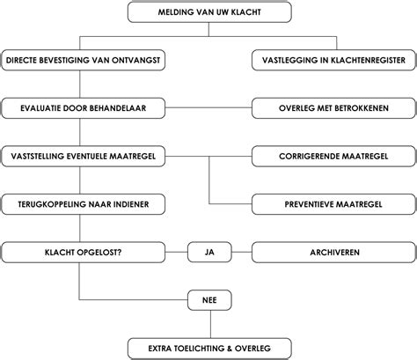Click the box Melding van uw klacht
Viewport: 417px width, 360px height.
point(208,12)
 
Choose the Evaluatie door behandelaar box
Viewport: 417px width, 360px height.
point(81,108)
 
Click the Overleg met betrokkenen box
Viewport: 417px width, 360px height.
point(334,108)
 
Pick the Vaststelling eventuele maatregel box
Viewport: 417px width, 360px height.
point(81,156)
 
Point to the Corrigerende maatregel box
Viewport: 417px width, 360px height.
point(334,156)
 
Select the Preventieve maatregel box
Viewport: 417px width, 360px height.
point(334,204)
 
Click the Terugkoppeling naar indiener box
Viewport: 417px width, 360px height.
point(81,204)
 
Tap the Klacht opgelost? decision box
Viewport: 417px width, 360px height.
point(81,252)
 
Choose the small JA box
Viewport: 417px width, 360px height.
point(209,252)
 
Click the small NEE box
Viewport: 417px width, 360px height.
point(209,300)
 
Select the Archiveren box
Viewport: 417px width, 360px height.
point(334,252)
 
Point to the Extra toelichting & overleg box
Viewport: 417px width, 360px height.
point(208,348)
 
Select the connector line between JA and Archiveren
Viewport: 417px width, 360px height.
point(240,252)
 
